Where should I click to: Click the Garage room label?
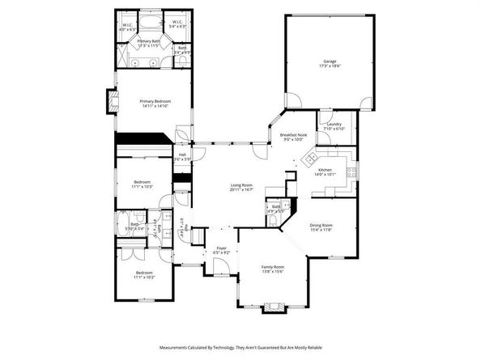[x=329, y=61]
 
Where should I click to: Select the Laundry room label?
[x=334, y=124]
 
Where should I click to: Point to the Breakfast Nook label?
[x=292, y=134]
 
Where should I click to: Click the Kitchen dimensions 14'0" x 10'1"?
[x=334, y=174]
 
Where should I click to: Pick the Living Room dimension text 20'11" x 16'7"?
[x=241, y=190]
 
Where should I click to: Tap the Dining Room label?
[x=321, y=225]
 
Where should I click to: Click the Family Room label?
[x=272, y=266]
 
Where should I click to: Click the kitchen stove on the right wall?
[x=351, y=170]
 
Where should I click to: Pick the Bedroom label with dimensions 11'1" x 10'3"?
[x=143, y=183]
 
